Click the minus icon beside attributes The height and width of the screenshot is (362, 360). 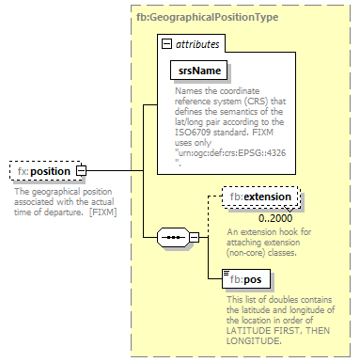coord(166,44)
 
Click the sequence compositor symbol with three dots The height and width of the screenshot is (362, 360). coord(173,238)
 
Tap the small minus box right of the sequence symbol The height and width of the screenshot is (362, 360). coord(195,238)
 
